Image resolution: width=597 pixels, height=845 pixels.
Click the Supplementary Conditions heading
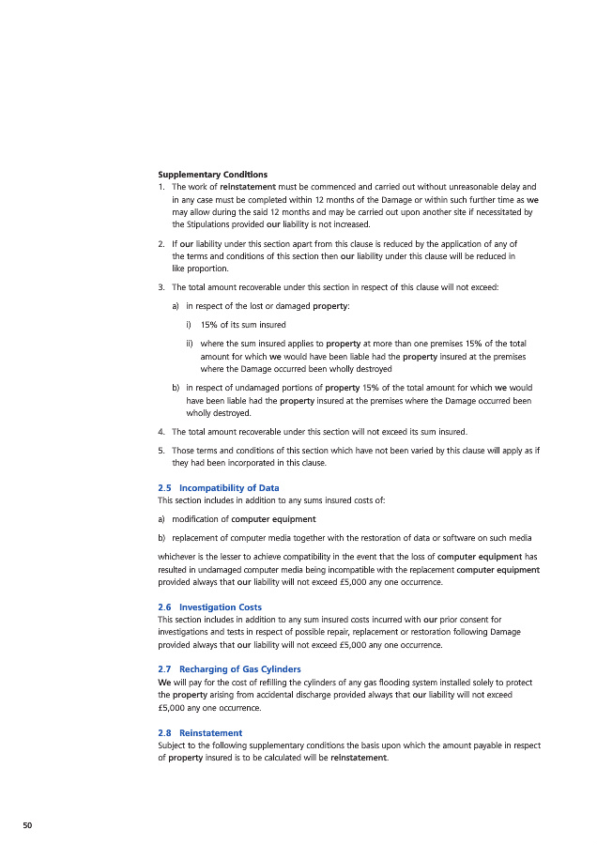212,175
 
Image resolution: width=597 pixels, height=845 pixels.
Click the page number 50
27,824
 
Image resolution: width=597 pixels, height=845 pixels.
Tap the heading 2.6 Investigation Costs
209,607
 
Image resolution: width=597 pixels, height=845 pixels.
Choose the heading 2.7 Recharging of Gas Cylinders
229,669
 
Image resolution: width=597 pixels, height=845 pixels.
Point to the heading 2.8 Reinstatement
200,732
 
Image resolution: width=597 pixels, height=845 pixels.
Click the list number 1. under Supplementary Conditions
161,187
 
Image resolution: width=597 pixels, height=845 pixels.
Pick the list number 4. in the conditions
161,432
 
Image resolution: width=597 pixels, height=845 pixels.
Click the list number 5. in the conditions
161,451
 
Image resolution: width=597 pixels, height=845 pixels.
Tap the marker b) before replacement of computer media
162,538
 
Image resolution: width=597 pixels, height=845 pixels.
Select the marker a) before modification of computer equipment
162,519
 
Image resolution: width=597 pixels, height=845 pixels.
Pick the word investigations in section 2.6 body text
187,632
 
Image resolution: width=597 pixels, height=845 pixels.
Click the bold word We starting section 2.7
164,683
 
